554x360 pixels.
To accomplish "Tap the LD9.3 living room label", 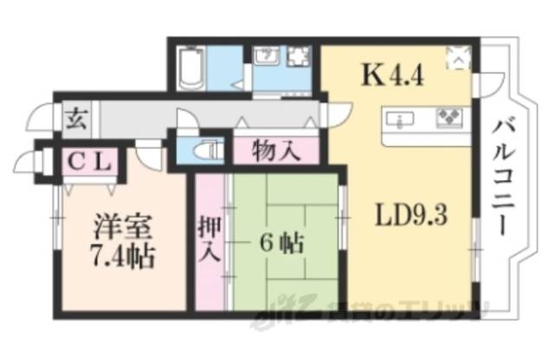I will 410,214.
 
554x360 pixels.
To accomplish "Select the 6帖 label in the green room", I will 280,243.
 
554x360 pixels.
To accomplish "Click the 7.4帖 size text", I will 122,257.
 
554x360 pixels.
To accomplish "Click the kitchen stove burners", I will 450,116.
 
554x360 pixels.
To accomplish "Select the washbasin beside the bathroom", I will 267,58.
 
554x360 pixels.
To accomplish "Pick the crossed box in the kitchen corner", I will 458,59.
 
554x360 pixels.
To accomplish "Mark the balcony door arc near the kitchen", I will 491,84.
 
